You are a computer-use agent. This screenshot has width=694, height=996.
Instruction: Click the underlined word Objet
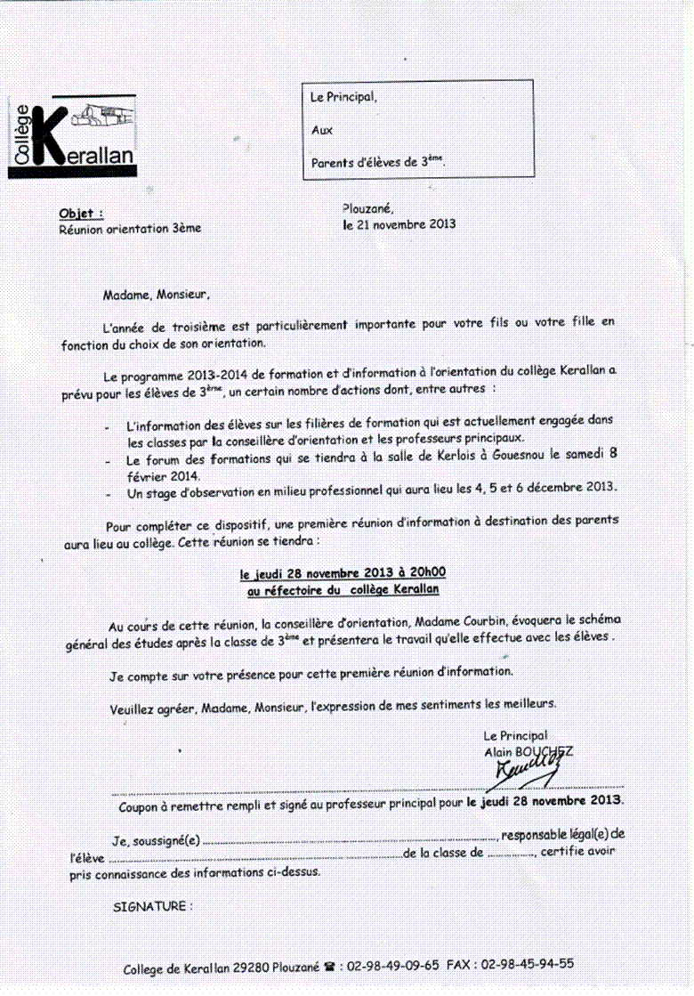pyautogui.click(x=79, y=214)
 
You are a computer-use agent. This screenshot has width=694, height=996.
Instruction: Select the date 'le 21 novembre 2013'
pyautogui.click(x=399, y=224)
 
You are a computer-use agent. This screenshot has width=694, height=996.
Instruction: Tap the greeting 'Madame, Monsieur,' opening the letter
pyautogui.click(x=157, y=293)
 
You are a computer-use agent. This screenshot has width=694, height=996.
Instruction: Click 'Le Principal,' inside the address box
pyautogui.click(x=343, y=98)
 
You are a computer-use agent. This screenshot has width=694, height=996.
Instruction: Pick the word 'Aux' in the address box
pyautogui.click(x=321, y=130)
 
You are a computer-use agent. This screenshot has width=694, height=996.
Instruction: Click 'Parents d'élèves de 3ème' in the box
pyautogui.click(x=377, y=162)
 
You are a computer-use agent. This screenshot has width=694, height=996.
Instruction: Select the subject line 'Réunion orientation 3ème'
pyautogui.click(x=130, y=228)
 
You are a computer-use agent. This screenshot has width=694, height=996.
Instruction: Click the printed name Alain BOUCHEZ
pyautogui.click(x=528, y=751)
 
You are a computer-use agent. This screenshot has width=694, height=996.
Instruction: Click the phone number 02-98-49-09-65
pyautogui.click(x=394, y=964)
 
